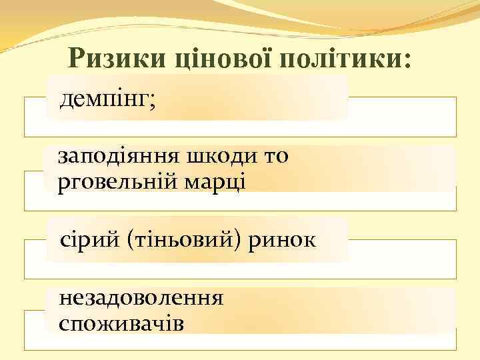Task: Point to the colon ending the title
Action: (407, 61)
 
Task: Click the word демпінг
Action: (104, 100)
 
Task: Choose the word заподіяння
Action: (114, 157)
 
